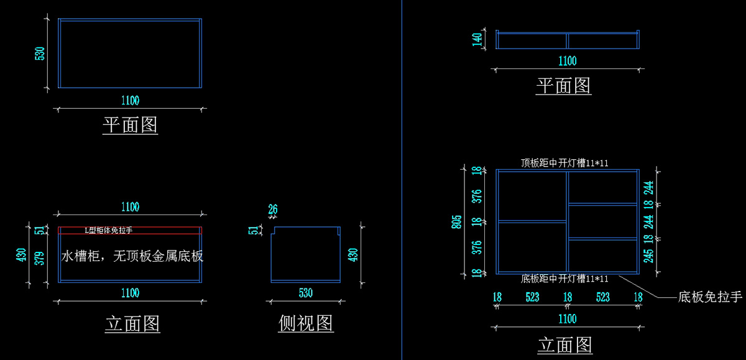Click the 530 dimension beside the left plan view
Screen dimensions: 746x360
(40, 53)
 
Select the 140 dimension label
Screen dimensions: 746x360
(477, 39)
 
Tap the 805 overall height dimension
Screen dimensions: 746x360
(456, 222)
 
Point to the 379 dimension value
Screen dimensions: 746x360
(40, 259)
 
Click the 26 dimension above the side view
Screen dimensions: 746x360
(273, 210)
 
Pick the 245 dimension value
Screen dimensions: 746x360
(648, 256)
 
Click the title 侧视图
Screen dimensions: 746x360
(306, 323)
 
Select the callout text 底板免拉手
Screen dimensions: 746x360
(710, 297)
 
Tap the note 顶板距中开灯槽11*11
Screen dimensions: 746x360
(564, 163)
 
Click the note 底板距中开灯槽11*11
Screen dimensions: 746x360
(564, 279)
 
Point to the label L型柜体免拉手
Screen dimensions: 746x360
(109, 230)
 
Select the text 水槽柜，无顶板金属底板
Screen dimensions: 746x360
(132, 256)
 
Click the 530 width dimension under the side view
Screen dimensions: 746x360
(306, 293)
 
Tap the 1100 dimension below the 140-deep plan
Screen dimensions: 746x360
(568, 61)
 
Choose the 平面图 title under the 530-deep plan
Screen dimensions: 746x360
(130, 125)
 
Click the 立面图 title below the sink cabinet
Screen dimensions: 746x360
(132, 324)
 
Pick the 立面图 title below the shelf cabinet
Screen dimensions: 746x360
(565, 344)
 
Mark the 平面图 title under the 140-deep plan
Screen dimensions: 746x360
(563, 86)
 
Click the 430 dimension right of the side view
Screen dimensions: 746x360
(353, 255)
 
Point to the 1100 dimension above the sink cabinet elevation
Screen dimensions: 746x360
(130, 207)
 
